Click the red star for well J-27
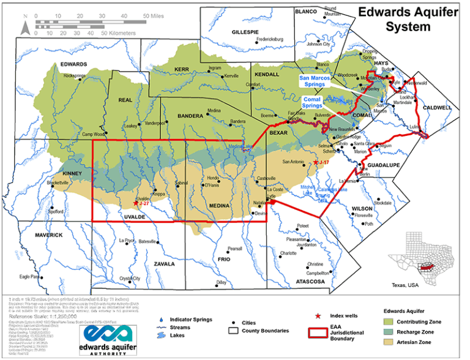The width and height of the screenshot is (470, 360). point(135,203)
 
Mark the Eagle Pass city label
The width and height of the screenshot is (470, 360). point(29,276)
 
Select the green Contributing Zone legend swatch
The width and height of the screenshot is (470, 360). point(387,320)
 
